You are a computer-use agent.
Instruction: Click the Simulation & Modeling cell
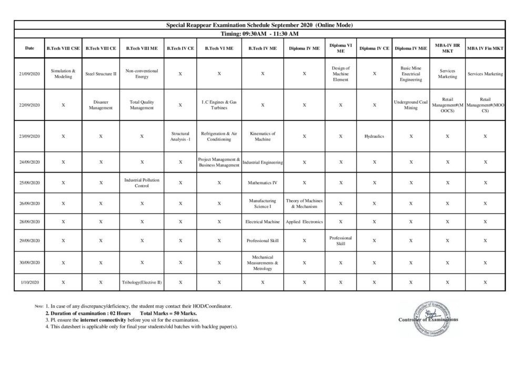pyautogui.click(x=63, y=74)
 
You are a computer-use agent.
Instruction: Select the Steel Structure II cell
pyautogui.click(x=101, y=74)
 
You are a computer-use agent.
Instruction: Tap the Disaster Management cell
pyautogui.click(x=101, y=105)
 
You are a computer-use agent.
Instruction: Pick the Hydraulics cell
pyautogui.click(x=374, y=136)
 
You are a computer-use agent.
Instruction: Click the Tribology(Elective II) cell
pyautogui.click(x=142, y=283)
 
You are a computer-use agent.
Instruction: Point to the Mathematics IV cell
pyautogui.click(x=262, y=183)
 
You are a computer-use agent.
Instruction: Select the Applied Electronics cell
pyautogui.click(x=305, y=222)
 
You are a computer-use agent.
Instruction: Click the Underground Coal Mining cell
pyautogui.click(x=411, y=105)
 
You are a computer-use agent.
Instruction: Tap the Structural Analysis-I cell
pyautogui.click(x=180, y=136)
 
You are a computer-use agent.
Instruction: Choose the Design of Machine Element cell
pyautogui.click(x=341, y=74)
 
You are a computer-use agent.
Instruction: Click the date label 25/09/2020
pyautogui.click(x=29, y=183)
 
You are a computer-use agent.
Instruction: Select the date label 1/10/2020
pyautogui.click(x=29, y=283)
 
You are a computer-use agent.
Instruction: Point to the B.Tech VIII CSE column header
pyautogui.click(x=63, y=48)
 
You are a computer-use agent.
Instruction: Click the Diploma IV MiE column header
pyautogui.click(x=411, y=48)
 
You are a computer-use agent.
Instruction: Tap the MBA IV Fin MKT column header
pyautogui.click(x=485, y=48)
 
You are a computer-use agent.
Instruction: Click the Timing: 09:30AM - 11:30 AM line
pyautogui.click(x=260, y=34)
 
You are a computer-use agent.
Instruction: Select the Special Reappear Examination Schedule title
pyautogui.click(x=260, y=25)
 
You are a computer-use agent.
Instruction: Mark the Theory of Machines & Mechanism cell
pyautogui.click(x=305, y=204)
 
